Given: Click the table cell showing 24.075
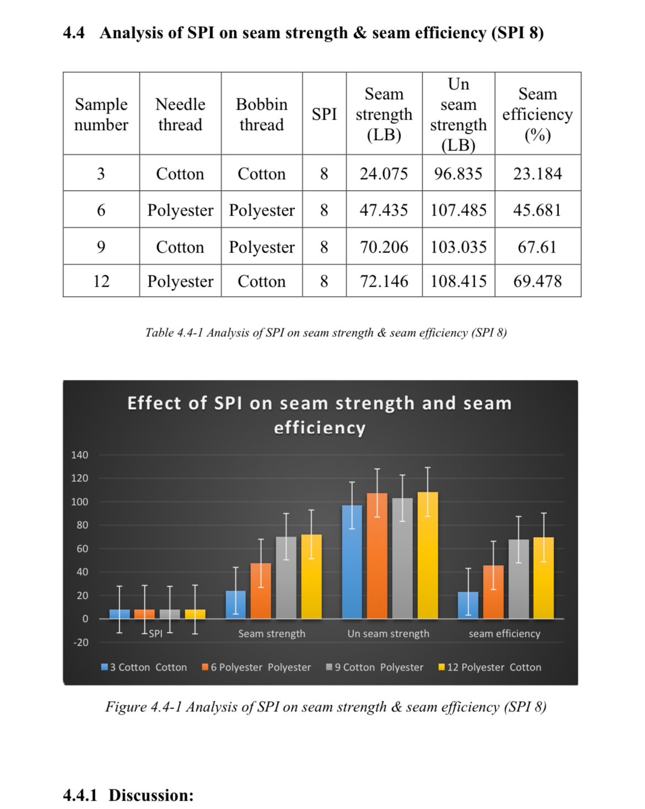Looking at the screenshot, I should click(x=384, y=174).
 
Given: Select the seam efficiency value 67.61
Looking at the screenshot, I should click(x=537, y=247).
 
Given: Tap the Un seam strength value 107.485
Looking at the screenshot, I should click(x=458, y=210).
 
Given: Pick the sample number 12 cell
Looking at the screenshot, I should click(x=101, y=281).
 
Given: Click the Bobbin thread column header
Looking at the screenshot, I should click(x=261, y=114).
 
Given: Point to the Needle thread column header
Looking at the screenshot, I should click(x=180, y=114).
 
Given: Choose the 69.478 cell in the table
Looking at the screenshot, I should click(x=537, y=281).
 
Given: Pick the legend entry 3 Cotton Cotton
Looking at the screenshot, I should click(x=144, y=667).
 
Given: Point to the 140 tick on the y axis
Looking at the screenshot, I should click(x=79, y=455).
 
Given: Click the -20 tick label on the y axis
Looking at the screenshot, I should click(x=80, y=642).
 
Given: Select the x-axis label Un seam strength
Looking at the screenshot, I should click(x=388, y=634).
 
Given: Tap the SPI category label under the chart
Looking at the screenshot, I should click(x=155, y=634).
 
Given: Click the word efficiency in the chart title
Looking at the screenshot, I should click(x=320, y=428).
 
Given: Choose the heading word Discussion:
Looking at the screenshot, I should click(x=151, y=795).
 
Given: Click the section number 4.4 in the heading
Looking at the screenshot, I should click(x=74, y=33).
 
